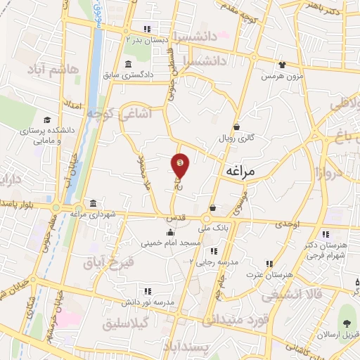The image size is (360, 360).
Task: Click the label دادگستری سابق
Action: pos(128,75)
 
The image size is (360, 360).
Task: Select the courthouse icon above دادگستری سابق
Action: pos(127,65)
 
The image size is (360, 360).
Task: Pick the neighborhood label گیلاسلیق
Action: pos(127,325)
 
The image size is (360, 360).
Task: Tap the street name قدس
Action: pos(176,219)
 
